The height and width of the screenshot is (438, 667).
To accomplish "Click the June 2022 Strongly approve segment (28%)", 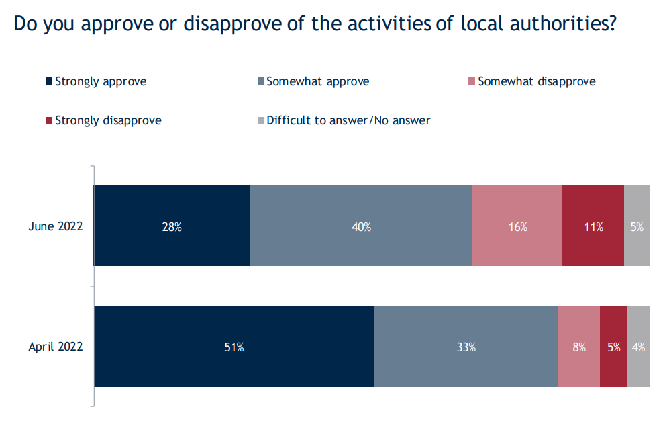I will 172,226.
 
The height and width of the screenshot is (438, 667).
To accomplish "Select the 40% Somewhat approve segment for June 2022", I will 361,226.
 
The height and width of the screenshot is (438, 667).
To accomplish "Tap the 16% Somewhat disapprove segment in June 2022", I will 517,226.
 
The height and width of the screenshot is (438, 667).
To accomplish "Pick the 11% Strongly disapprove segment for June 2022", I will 593,226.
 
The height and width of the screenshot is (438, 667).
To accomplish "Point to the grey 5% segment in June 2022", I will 637,226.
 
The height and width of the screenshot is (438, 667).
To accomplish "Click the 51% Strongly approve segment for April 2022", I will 234,347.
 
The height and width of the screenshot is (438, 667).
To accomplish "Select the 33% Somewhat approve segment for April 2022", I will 466,347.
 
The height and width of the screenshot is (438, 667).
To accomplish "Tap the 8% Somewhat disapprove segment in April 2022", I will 578,347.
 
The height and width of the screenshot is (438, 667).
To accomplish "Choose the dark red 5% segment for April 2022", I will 613,347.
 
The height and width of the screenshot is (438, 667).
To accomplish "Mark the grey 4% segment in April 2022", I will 638,347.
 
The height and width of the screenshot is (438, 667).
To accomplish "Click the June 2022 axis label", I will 56,226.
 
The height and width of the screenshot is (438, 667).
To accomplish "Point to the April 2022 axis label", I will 56,347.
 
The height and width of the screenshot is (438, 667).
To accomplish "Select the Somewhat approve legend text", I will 317,82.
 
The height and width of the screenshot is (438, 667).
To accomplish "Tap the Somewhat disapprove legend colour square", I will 472,82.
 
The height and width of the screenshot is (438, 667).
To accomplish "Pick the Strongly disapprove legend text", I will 108,121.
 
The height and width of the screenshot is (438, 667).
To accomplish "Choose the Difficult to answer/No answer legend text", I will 348,121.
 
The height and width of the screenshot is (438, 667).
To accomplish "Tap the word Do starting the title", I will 24,24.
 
